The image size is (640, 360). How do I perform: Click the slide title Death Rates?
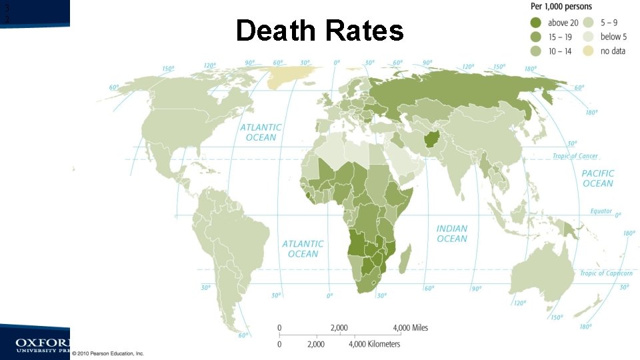pos(320,31)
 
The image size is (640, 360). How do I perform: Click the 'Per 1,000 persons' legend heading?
pos(562,7)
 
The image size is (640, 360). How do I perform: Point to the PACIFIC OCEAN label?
pos(597,178)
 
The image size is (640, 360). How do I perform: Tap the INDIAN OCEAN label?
pos(452,233)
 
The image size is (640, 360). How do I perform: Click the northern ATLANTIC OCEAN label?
pos(261,132)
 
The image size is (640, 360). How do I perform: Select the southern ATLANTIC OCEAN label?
pos(303,249)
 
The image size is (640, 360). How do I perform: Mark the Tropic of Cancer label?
pos(575,156)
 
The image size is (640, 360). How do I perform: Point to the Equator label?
pos(601,211)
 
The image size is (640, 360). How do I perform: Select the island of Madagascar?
pos(405,258)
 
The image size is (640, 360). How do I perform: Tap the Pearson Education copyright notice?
pos(109,353)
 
